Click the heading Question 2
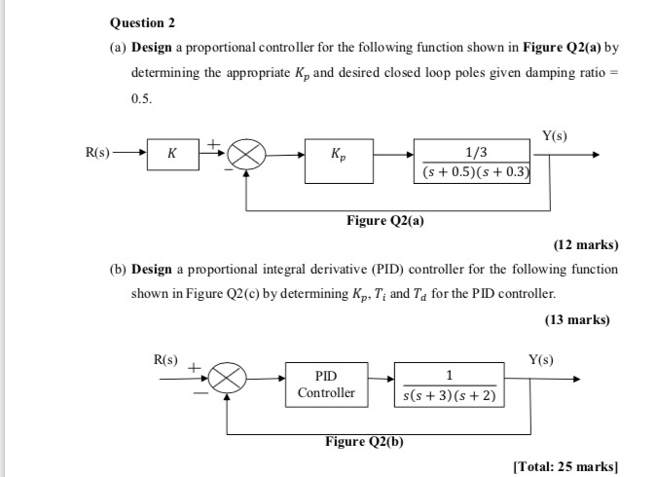click(142, 22)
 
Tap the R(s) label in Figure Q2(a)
click(97, 152)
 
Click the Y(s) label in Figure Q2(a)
click(555, 135)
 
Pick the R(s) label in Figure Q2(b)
click(165, 359)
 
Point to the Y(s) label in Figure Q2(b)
click(540, 359)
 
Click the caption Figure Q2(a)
click(385, 220)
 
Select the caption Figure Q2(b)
click(364, 441)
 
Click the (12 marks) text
click(586, 244)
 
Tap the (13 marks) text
click(577, 320)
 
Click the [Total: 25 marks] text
click(566, 466)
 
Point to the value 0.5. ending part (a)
click(142, 98)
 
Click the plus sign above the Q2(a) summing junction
click(213, 145)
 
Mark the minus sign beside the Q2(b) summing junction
click(201, 393)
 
